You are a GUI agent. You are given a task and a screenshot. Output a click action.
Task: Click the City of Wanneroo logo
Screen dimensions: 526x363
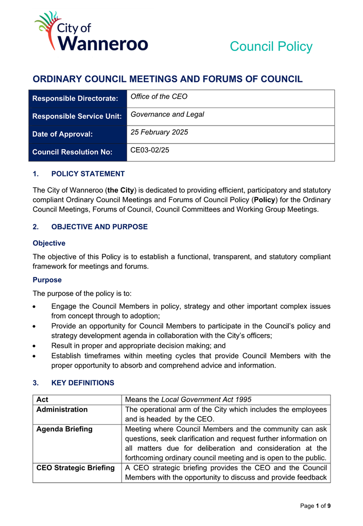tap(91, 32)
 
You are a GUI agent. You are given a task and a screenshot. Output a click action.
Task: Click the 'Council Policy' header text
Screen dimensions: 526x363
tap(271, 46)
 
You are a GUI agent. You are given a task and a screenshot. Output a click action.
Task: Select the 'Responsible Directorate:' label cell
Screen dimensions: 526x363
tap(75, 98)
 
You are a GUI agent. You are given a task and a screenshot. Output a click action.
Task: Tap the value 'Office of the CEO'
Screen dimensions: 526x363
tap(159, 97)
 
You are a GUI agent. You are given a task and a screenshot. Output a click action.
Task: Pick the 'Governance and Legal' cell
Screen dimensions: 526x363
tap(167, 114)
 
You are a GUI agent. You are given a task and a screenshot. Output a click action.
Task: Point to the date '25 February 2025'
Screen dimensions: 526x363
tap(159, 132)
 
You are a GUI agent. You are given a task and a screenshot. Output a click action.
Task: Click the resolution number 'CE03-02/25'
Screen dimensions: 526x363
tap(150, 150)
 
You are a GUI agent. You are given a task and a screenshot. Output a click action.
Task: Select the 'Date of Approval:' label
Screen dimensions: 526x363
tap(62, 134)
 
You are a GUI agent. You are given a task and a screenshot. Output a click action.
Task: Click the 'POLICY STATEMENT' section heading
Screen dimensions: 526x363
tap(88, 174)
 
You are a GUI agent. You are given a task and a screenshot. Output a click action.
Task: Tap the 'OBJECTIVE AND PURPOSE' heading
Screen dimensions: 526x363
tap(99, 227)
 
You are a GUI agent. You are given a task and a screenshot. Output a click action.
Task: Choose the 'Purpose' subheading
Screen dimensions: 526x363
tap(47, 280)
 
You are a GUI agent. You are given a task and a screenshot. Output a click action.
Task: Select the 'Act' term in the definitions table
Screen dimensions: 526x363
tap(42, 399)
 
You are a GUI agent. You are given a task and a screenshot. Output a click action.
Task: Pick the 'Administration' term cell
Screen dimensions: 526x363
tap(62, 410)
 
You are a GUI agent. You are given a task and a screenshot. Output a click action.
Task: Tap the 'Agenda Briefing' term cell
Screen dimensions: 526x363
tap(64, 429)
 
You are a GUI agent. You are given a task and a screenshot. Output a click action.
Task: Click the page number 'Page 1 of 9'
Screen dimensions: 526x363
tap(315, 506)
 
